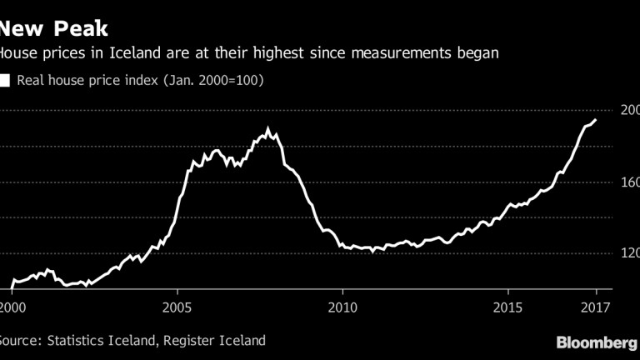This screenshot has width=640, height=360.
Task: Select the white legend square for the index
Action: click(5, 81)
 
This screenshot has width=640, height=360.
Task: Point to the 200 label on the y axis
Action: click(627, 110)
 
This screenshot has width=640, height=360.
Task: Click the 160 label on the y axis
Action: click(627, 182)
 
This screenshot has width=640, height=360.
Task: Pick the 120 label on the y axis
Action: click(627, 253)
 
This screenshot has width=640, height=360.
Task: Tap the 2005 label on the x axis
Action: click(177, 305)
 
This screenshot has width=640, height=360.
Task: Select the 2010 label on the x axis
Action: click(342, 305)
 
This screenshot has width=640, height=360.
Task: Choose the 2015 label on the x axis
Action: click(507, 305)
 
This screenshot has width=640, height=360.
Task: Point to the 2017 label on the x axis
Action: click(596, 305)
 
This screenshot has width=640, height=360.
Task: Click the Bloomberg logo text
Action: click(597, 343)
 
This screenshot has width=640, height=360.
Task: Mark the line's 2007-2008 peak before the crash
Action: click(267, 128)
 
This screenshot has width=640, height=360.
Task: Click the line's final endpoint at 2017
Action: click(595, 120)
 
